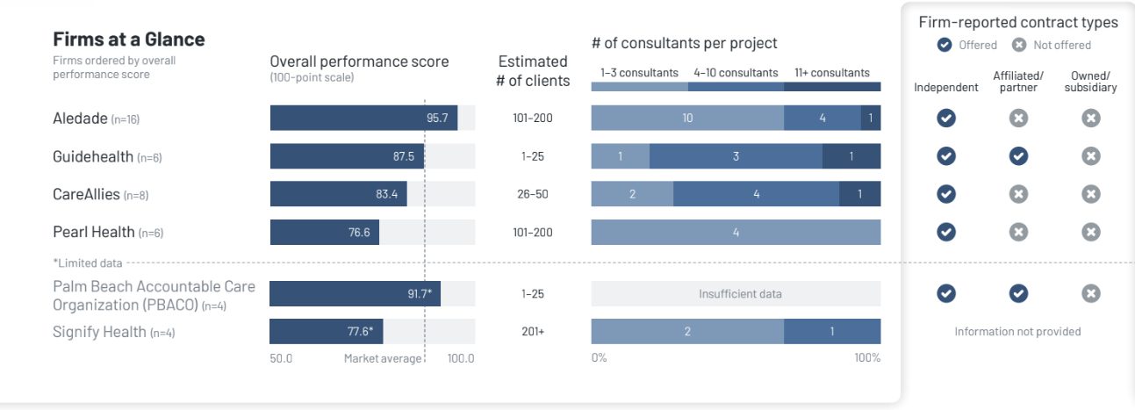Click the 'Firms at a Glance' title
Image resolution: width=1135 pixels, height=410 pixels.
pyautogui.click(x=129, y=40)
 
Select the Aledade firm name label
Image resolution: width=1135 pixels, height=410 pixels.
pyautogui.click(x=80, y=119)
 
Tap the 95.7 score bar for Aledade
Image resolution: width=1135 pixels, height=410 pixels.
pyautogui.click(x=363, y=118)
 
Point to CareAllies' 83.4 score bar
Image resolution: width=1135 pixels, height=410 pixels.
pyautogui.click(x=338, y=194)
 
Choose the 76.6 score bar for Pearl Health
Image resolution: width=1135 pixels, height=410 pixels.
pyautogui.click(x=324, y=233)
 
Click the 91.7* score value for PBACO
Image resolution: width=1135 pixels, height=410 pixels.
pyautogui.click(x=420, y=294)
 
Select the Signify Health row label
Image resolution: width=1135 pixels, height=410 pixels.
pyautogui.click(x=99, y=332)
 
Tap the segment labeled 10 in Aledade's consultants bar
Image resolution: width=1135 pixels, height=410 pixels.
pyautogui.click(x=687, y=118)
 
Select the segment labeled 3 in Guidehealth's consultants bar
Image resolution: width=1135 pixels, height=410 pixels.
pyautogui.click(x=736, y=156)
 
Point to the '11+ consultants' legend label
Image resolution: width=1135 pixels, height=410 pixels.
pyautogui.click(x=832, y=73)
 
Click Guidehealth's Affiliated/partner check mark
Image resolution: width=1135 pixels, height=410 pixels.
pyautogui.click(x=1017, y=156)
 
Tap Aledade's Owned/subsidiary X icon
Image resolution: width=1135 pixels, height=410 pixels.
pyautogui.click(x=1090, y=118)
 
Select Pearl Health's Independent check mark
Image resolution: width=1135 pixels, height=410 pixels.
pyautogui.click(x=945, y=233)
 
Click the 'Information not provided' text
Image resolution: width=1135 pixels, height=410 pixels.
pyautogui.click(x=1017, y=332)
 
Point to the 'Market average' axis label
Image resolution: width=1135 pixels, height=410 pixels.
pyautogui.click(x=382, y=358)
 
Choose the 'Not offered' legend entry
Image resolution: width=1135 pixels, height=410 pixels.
pyautogui.click(x=1052, y=45)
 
